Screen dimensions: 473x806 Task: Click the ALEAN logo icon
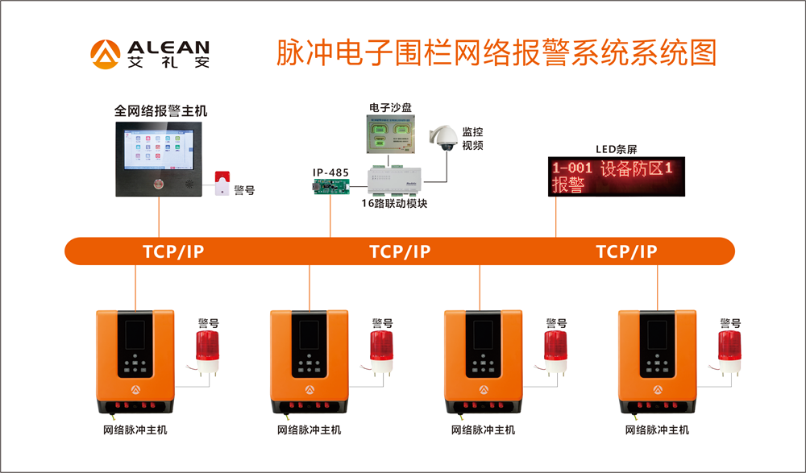105,54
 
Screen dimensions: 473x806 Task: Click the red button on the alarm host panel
158,183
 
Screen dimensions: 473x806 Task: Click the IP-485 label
330,172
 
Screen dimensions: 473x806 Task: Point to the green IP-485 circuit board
331,187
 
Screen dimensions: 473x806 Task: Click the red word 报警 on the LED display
568,186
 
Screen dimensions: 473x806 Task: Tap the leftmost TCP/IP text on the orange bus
173,251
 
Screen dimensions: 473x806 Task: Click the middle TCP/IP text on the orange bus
400,251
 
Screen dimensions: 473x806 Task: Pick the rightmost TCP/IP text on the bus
626,251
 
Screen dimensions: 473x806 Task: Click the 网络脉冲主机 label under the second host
309,430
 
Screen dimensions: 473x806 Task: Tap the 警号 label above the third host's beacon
556,322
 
